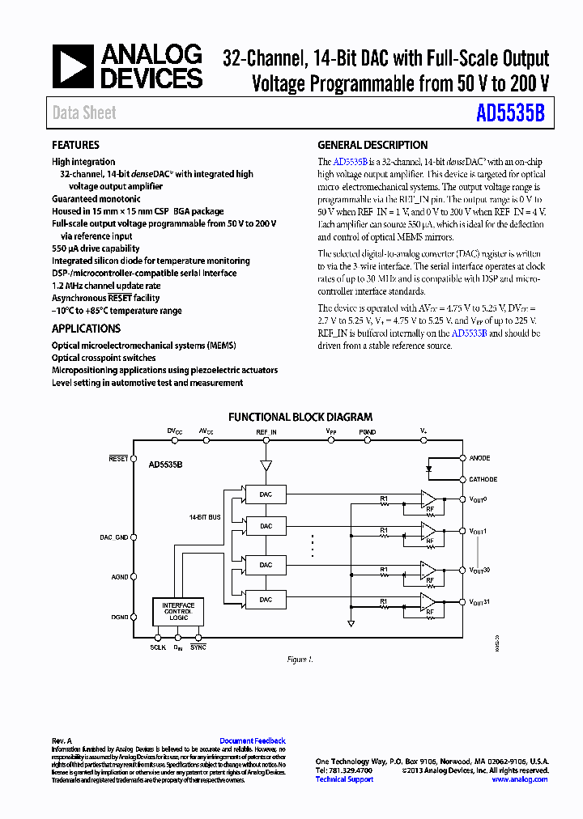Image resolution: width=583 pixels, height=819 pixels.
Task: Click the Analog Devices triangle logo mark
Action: (x=73, y=67)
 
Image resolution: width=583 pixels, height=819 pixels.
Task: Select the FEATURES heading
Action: (x=75, y=146)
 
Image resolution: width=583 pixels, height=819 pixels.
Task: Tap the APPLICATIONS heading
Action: (x=86, y=329)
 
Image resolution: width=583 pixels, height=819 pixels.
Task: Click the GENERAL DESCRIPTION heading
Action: (x=372, y=146)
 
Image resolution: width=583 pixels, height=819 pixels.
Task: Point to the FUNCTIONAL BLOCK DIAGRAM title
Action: (x=300, y=418)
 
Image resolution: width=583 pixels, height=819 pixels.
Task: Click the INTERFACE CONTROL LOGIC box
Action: (x=178, y=611)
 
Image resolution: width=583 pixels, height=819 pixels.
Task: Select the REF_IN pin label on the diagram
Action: (x=266, y=433)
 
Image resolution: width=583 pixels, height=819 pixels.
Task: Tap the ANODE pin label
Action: (x=480, y=458)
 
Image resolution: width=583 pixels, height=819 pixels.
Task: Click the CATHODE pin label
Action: (x=483, y=479)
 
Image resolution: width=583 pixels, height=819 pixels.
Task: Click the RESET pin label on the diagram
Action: (x=119, y=458)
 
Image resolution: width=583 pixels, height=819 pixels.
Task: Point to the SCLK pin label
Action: (x=158, y=647)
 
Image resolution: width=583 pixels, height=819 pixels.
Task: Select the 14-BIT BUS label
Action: (x=205, y=516)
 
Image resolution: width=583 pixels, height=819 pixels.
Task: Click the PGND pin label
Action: (x=368, y=433)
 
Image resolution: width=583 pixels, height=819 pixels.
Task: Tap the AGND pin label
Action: (x=120, y=577)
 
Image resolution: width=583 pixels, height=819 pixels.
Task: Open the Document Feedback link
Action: (x=253, y=741)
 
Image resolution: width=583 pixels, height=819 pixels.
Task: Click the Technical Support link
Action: (x=344, y=779)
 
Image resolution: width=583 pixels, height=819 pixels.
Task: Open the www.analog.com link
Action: (x=520, y=779)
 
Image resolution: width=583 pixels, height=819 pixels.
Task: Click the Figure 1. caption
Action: (x=300, y=660)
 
